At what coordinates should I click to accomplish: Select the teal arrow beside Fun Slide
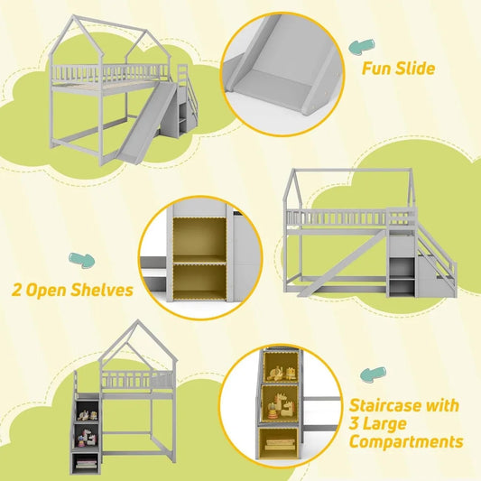click(x=363, y=45)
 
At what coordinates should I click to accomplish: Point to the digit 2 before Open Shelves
click(x=17, y=291)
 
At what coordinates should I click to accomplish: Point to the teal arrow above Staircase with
click(x=369, y=373)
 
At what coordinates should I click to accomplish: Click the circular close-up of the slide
click(x=282, y=69)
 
